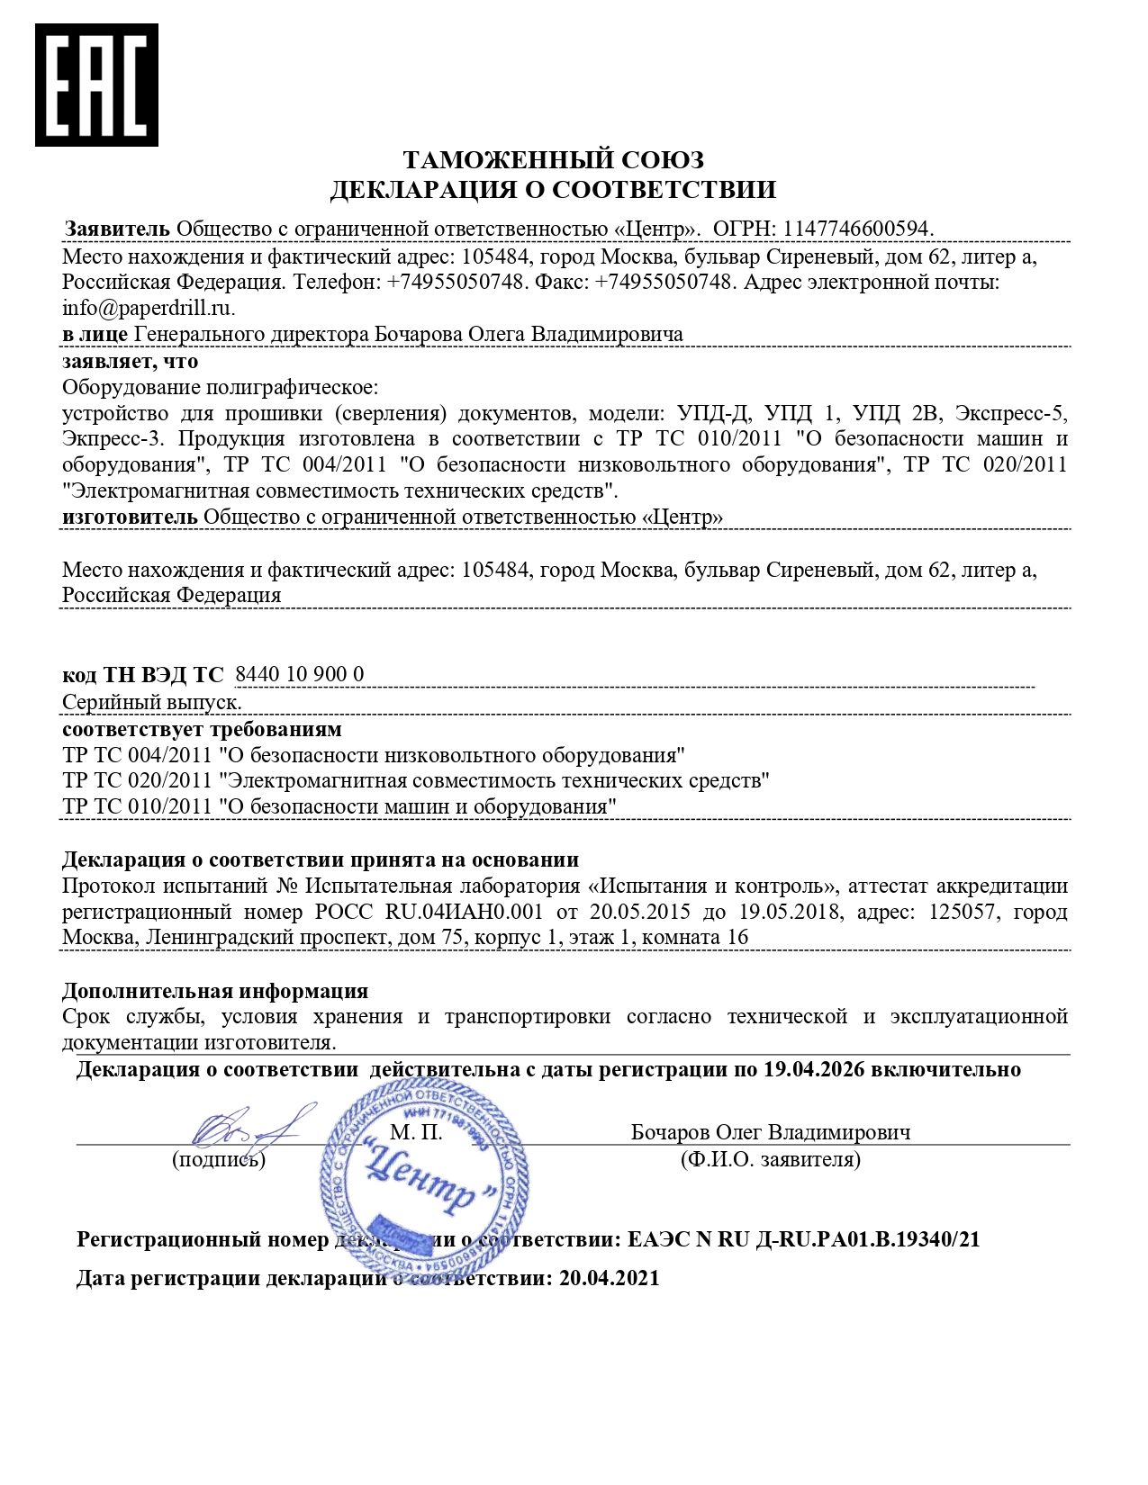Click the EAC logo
pyautogui.click(x=96, y=85)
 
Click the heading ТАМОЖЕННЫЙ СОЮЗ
pyautogui.click(x=553, y=160)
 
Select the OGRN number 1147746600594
pyautogui.click(x=857, y=229)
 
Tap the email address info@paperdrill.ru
pyautogui.click(x=147, y=308)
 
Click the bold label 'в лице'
pyautogui.click(x=95, y=334)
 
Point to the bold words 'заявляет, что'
pyautogui.click(x=130, y=361)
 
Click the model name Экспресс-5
pyautogui.click(x=1010, y=413)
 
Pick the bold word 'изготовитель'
pyautogui.click(x=130, y=517)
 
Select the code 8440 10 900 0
pyautogui.click(x=299, y=674)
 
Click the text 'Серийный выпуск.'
pyautogui.click(x=151, y=702)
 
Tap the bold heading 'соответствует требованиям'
pyautogui.click(x=202, y=728)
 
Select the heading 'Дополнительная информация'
pyautogui.click(x=214, y=990)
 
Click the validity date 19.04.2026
pyautogui.click(x=813, y=1069)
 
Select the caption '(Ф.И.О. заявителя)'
pyautogui.click(x=770, y=1159)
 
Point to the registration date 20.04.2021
pyautogui.click(x=609, y=1278)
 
